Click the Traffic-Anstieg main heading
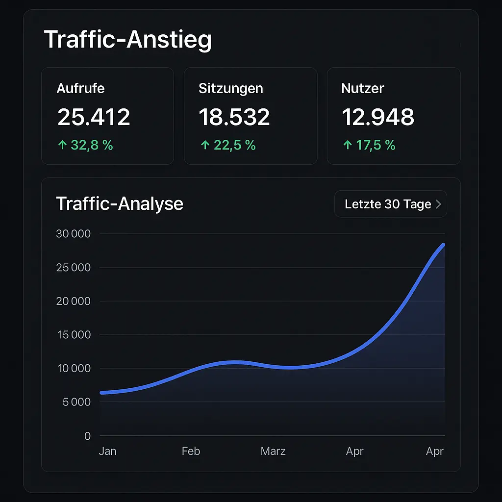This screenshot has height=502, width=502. (x=127, y=39)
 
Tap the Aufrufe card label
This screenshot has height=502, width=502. (x=80, y=89)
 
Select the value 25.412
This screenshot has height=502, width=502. (x=94, y=117)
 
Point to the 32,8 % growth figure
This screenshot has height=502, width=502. (x=92, y=145)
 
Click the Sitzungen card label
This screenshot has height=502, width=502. (x=230, y=89)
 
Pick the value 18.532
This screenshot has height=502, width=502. (x=234, y=117)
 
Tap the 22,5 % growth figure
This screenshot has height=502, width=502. (x=234, y=145)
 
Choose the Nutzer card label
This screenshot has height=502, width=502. (x=362, y=89)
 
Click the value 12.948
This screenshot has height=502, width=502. (x=377, y=117)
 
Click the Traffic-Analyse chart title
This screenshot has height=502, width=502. (x=120, y=203)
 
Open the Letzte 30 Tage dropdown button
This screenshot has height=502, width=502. (x=391, y=204)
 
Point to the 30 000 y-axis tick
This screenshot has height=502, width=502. (x=74, y=234)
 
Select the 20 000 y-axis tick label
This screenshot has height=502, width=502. (x=74, y=301)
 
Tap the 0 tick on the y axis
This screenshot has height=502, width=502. (x=87, y=436)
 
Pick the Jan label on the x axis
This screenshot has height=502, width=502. (x=107, y=451)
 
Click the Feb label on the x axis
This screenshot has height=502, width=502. (x=191, y=451)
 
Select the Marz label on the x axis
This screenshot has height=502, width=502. (x=273, y=451)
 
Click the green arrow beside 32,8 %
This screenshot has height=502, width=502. (x=62, y=145)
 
